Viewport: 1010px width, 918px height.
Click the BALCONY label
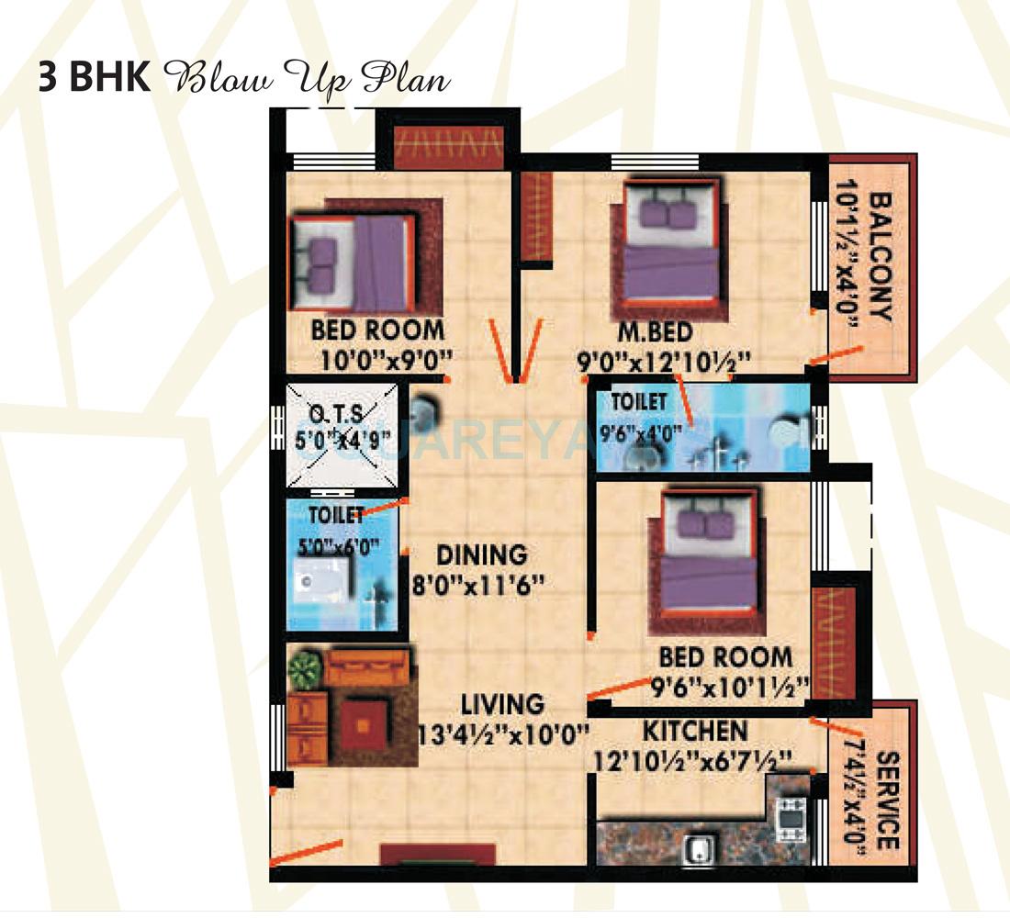tap(879, 257)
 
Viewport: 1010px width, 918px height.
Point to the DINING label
tap(482, 555)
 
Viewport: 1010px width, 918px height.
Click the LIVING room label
tap(502, 704)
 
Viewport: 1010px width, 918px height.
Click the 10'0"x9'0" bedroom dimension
tap(376, 358)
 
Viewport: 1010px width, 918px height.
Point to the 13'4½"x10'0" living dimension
tap(503, 733)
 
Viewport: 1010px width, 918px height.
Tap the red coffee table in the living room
tap(364, 723)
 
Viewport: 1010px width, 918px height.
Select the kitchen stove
tap(790, 819)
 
